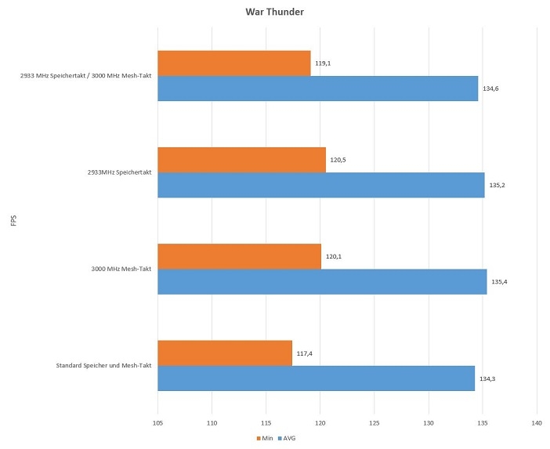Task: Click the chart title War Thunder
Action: (x=274, y=13)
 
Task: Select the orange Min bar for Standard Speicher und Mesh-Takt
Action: (x=225, y=353)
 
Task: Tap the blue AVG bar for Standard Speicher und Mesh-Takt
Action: (x=316, y=378)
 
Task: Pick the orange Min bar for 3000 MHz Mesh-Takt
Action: (x=239, y=256)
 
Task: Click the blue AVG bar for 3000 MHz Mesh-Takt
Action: (x=322, y=281)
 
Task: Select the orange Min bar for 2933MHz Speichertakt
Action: (x=241, y=160)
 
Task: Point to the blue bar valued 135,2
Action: (x=321, y=185)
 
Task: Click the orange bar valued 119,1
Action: (x=234, y=63)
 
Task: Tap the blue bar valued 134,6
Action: (x=317, y=89)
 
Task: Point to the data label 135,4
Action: (x=499, y=281)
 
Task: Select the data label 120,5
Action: (x=338, y=160)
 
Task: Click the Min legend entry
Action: (x=264, y=438)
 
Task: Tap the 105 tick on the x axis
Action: (x=158, y=422)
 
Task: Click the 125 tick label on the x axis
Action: (x=375, y=422)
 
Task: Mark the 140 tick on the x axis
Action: (x=537, y=422)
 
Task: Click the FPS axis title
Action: (x=13, y=221)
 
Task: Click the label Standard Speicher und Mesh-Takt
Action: (x=103, y=366)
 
